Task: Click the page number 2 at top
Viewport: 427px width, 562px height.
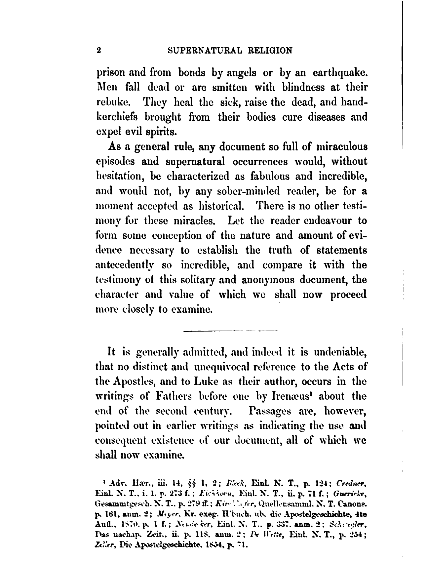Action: point(98,51)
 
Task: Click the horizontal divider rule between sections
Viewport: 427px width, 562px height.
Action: point(230,330)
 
